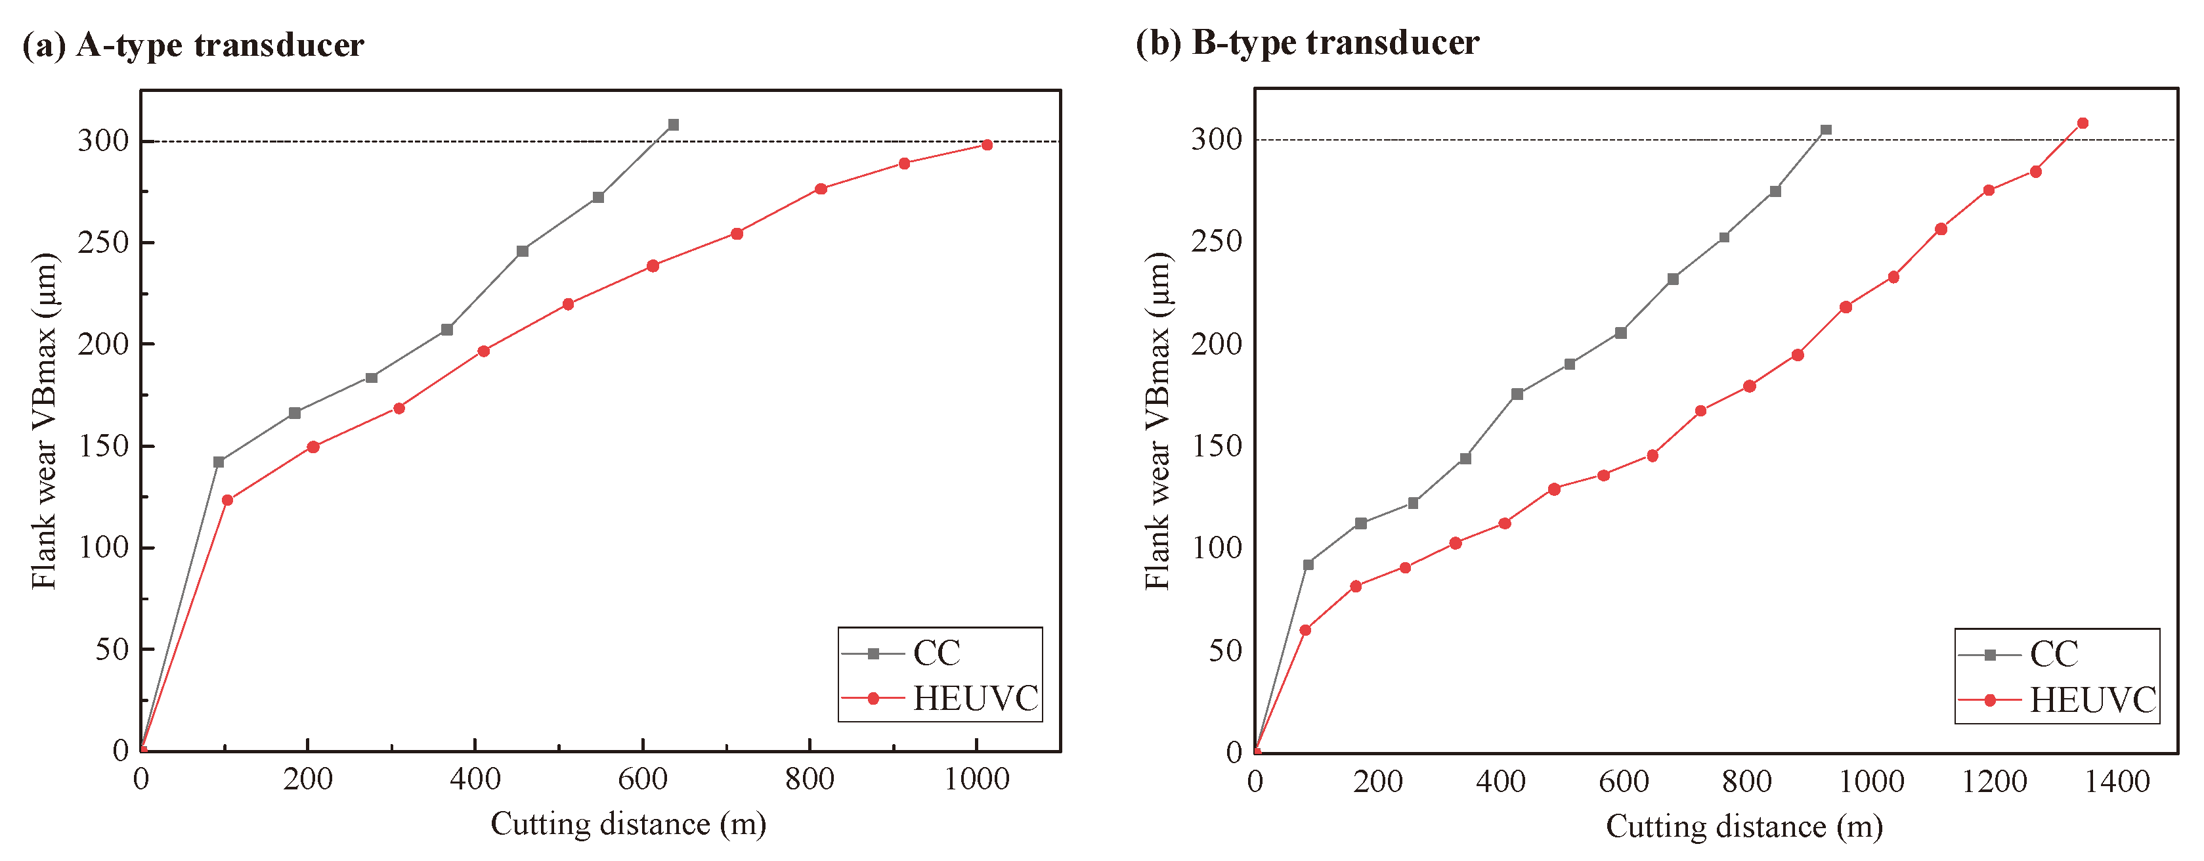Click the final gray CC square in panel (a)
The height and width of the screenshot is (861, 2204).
(674, 125)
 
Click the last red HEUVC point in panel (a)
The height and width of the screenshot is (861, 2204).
(987, 144)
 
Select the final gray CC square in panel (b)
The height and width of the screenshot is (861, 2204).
(1826, 130)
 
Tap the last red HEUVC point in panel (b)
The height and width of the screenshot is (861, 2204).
(2083, 123)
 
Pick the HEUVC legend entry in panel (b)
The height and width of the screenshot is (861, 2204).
(2091, 701)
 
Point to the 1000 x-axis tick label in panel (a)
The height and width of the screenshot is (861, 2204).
(976, 780)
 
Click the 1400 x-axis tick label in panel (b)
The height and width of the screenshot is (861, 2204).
(2117, 782)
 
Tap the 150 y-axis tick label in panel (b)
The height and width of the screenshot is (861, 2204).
(1216, 446)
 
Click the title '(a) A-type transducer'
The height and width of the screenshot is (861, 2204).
(194, 45)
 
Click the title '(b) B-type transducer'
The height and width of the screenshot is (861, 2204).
(1307, 43)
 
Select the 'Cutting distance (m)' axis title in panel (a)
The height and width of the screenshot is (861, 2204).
(628, 824)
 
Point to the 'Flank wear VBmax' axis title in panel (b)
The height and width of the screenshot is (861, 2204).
(1157, 420)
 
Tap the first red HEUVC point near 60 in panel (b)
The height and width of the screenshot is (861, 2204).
(1305, 630)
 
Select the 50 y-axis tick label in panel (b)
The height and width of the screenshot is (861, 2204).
(1225, 650)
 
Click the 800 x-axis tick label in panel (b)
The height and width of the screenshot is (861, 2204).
(1747, 782)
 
